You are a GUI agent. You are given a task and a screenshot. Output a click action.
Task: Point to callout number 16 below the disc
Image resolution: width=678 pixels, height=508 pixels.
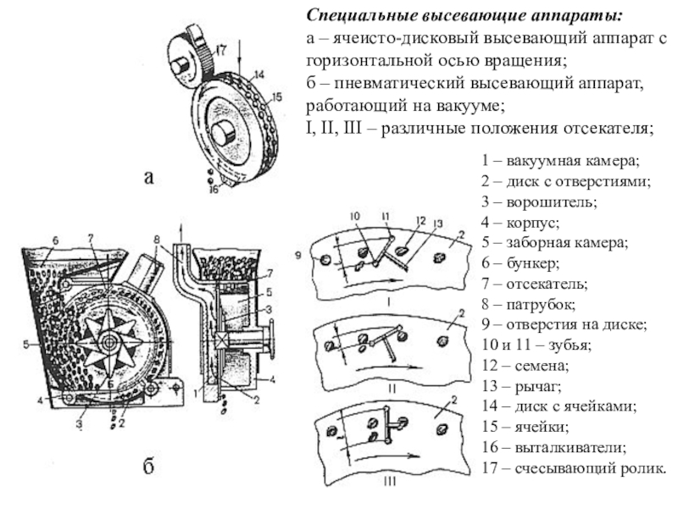click(213, 189)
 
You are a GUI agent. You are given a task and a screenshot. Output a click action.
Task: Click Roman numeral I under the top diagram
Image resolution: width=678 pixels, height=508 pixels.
click(387, 300)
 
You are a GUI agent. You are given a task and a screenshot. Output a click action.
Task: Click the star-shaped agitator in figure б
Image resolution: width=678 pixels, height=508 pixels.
click(110, 337)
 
